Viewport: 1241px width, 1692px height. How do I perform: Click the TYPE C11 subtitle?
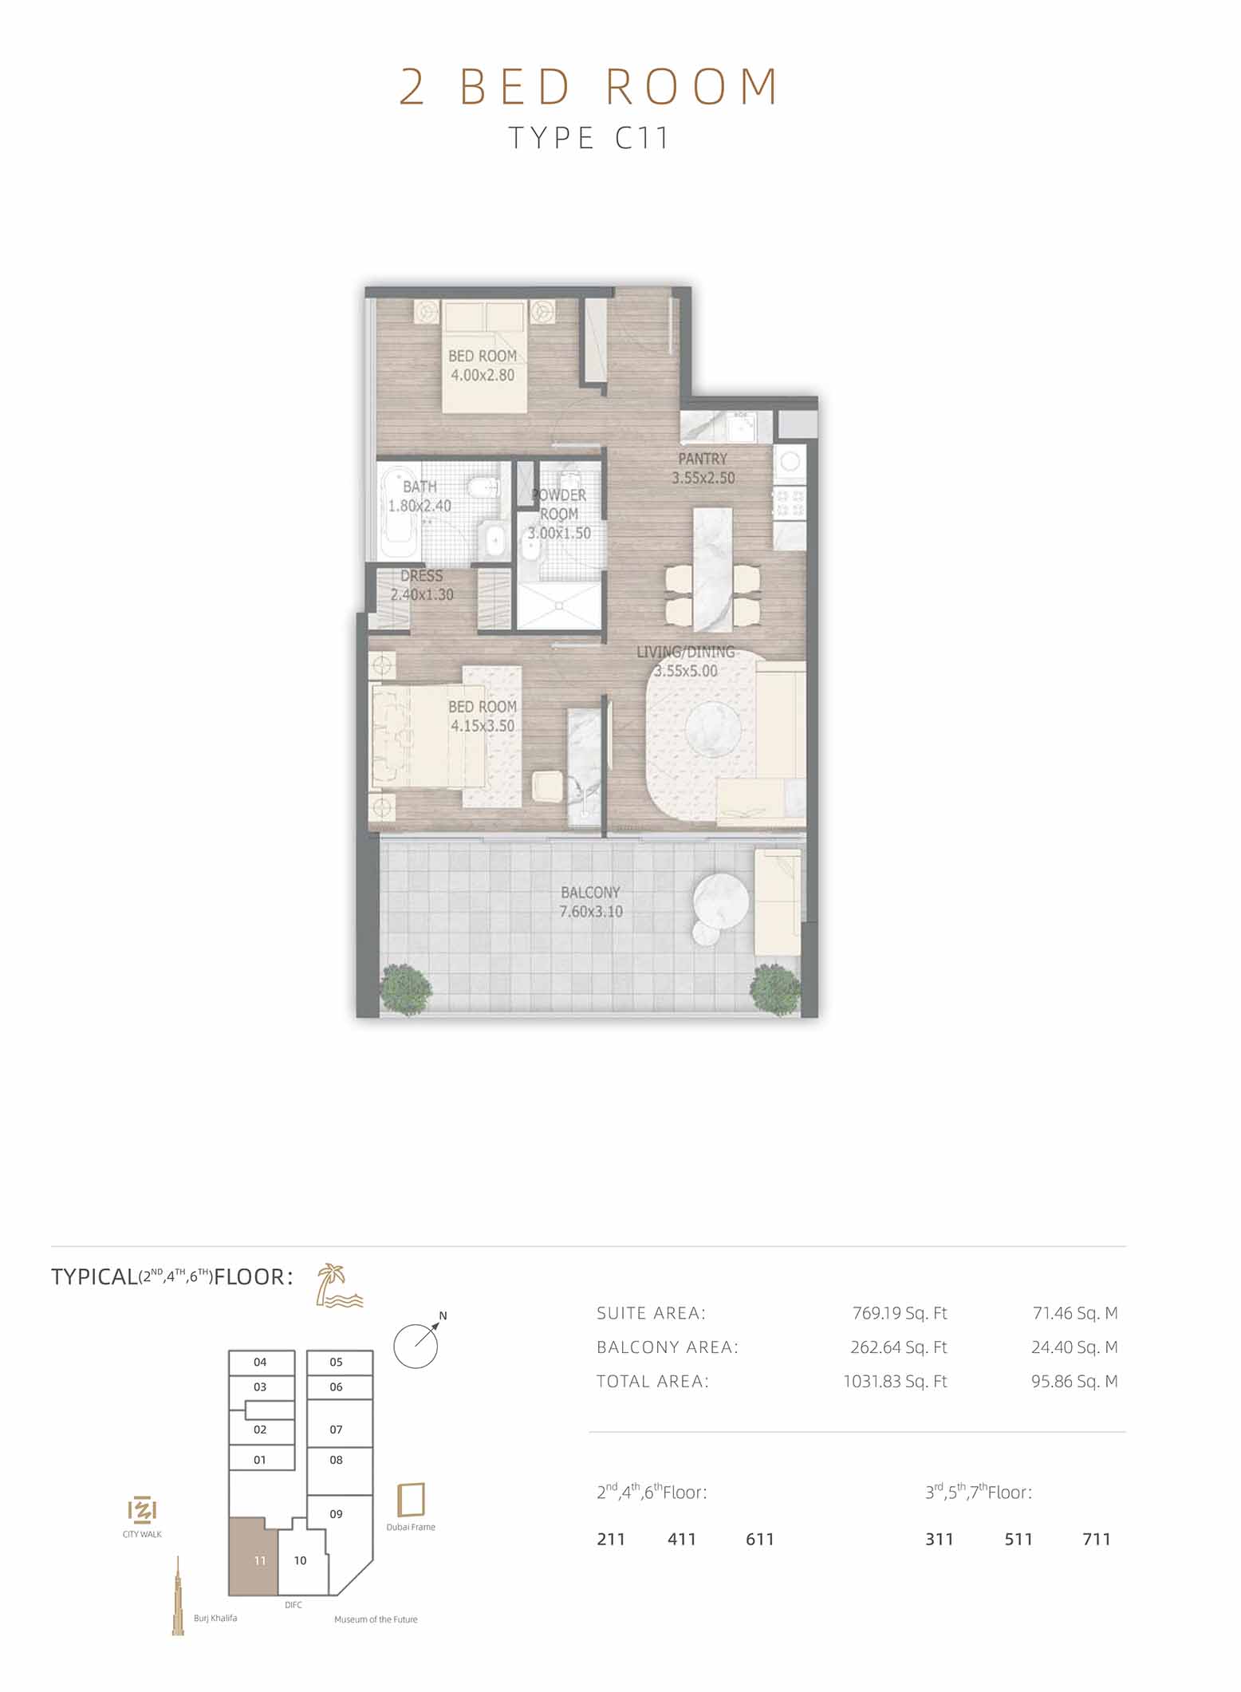coord(589,139)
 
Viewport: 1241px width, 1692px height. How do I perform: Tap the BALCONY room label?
coord(590,892)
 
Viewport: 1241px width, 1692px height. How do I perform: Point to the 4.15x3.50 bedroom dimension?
coord(483,726)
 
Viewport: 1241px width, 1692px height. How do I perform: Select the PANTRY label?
coord(703,459)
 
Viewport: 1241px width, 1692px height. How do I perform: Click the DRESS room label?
coord(421,575)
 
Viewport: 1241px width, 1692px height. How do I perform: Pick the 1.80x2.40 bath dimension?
coord(420,506)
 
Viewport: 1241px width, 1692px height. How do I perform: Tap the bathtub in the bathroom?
coord(396,513)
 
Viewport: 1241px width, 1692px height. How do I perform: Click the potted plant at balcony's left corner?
coord(407,990)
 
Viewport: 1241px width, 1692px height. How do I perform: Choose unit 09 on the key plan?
coord(336,1513)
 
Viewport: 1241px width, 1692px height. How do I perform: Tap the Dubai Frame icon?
coord(411,1500)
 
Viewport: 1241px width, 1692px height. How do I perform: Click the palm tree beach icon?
coord(339,1285)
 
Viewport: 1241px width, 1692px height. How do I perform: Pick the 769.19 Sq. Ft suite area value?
coord(900,1313)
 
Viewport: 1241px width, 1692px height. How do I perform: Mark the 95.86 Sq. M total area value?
coord(1074,1382)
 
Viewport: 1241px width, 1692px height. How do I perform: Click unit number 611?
coord(760,1539)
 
